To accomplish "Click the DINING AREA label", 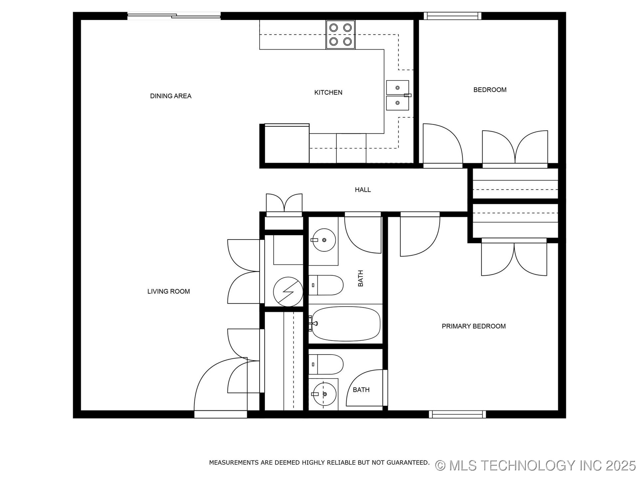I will coord(170,96).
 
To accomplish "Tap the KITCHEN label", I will coord(328,92).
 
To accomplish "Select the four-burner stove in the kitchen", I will coord(340,35).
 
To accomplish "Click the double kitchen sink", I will coord(397,95).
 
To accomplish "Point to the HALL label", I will coord(362,190).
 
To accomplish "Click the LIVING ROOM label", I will coord(168,291).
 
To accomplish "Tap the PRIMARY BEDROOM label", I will coord(473,326).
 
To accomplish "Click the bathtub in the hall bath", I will coord(345,324).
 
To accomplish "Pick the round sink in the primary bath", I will coord(325,394).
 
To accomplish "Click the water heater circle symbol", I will coord(288,292).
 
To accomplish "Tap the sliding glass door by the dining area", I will coord(174,16).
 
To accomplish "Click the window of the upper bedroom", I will coord(452,16).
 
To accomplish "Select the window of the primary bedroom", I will coord(457,414).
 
